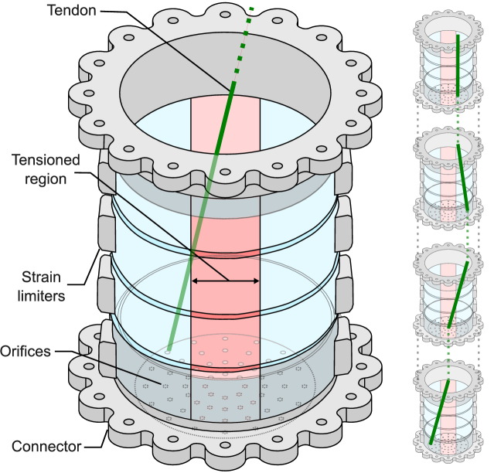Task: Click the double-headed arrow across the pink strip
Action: (225, 281)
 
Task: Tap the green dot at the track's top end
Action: (251, 9)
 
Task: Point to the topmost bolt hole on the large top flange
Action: (225, 14)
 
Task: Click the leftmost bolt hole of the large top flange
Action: (89, 93)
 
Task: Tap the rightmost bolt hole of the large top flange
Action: (361, 93)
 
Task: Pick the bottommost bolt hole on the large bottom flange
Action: (225, 445)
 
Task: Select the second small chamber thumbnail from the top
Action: (448, 178)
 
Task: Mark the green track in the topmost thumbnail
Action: (458, 66)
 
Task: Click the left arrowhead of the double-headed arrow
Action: (194, 281)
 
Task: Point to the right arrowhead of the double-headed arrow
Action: (256, 281)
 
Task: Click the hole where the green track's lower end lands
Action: (168, 352)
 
